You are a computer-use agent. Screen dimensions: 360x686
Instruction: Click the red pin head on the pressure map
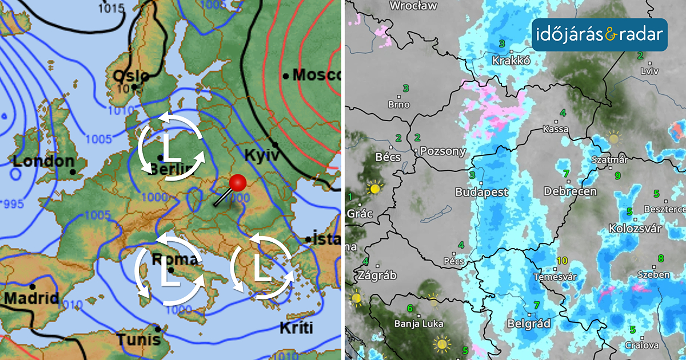coord(238,183)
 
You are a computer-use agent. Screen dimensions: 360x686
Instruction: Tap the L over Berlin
coord(170,148)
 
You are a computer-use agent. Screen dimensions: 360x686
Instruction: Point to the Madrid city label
coord(31,298)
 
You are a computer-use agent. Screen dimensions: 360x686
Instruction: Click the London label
coord(43,162)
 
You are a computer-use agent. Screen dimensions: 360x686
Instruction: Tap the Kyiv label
coord(261,155)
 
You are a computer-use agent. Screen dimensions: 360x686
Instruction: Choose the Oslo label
coord(130,76)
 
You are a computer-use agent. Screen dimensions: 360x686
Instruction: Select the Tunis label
coord(138,339)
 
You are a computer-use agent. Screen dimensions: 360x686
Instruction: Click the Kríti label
coord(297,328)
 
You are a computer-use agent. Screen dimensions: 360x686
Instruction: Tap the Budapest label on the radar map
coord(481,193)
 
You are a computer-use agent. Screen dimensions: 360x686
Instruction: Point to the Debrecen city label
coord(570,191)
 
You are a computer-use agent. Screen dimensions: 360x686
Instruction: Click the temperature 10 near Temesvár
coord(562,261)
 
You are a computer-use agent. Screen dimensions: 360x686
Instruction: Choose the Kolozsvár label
coord(635,229)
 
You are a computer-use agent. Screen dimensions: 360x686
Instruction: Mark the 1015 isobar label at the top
coord(111,8)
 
